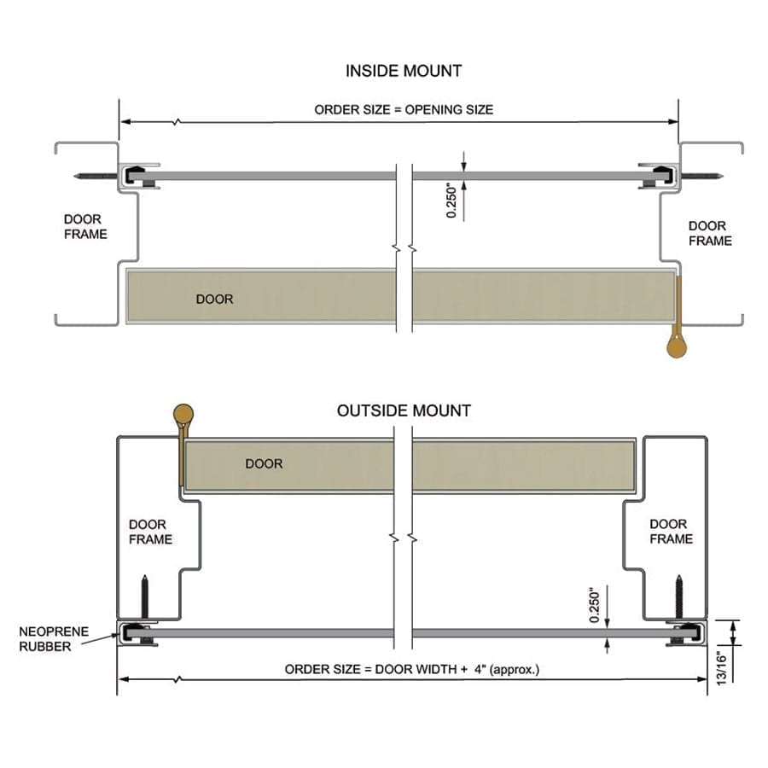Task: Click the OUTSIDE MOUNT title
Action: pyautogui.click(x=404, y=410)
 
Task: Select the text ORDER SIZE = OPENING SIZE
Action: pyautogui.click(x=404, y=109)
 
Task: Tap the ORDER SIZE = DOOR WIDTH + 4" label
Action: pyautogui.click(x=412, y=669)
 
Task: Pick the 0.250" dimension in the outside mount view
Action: pyautogui.click(x=596, y=605)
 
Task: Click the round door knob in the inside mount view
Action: pyautogui.click(x=677, y=346)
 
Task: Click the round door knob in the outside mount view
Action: pyautogui.click(x=183, y=415)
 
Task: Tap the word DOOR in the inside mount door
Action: pyautogui.click(x=214, y=300)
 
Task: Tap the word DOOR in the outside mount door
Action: pyautogui.click(x=264, y=464)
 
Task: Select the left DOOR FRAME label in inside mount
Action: pyautogui.click(x=85, y=226)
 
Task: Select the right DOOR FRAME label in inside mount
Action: pyautogui.click(x=710, y=233)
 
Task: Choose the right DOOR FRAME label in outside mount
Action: pyautogui.click(x=671, y=531)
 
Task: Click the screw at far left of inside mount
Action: pyautogui.click(x=96, y=177)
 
